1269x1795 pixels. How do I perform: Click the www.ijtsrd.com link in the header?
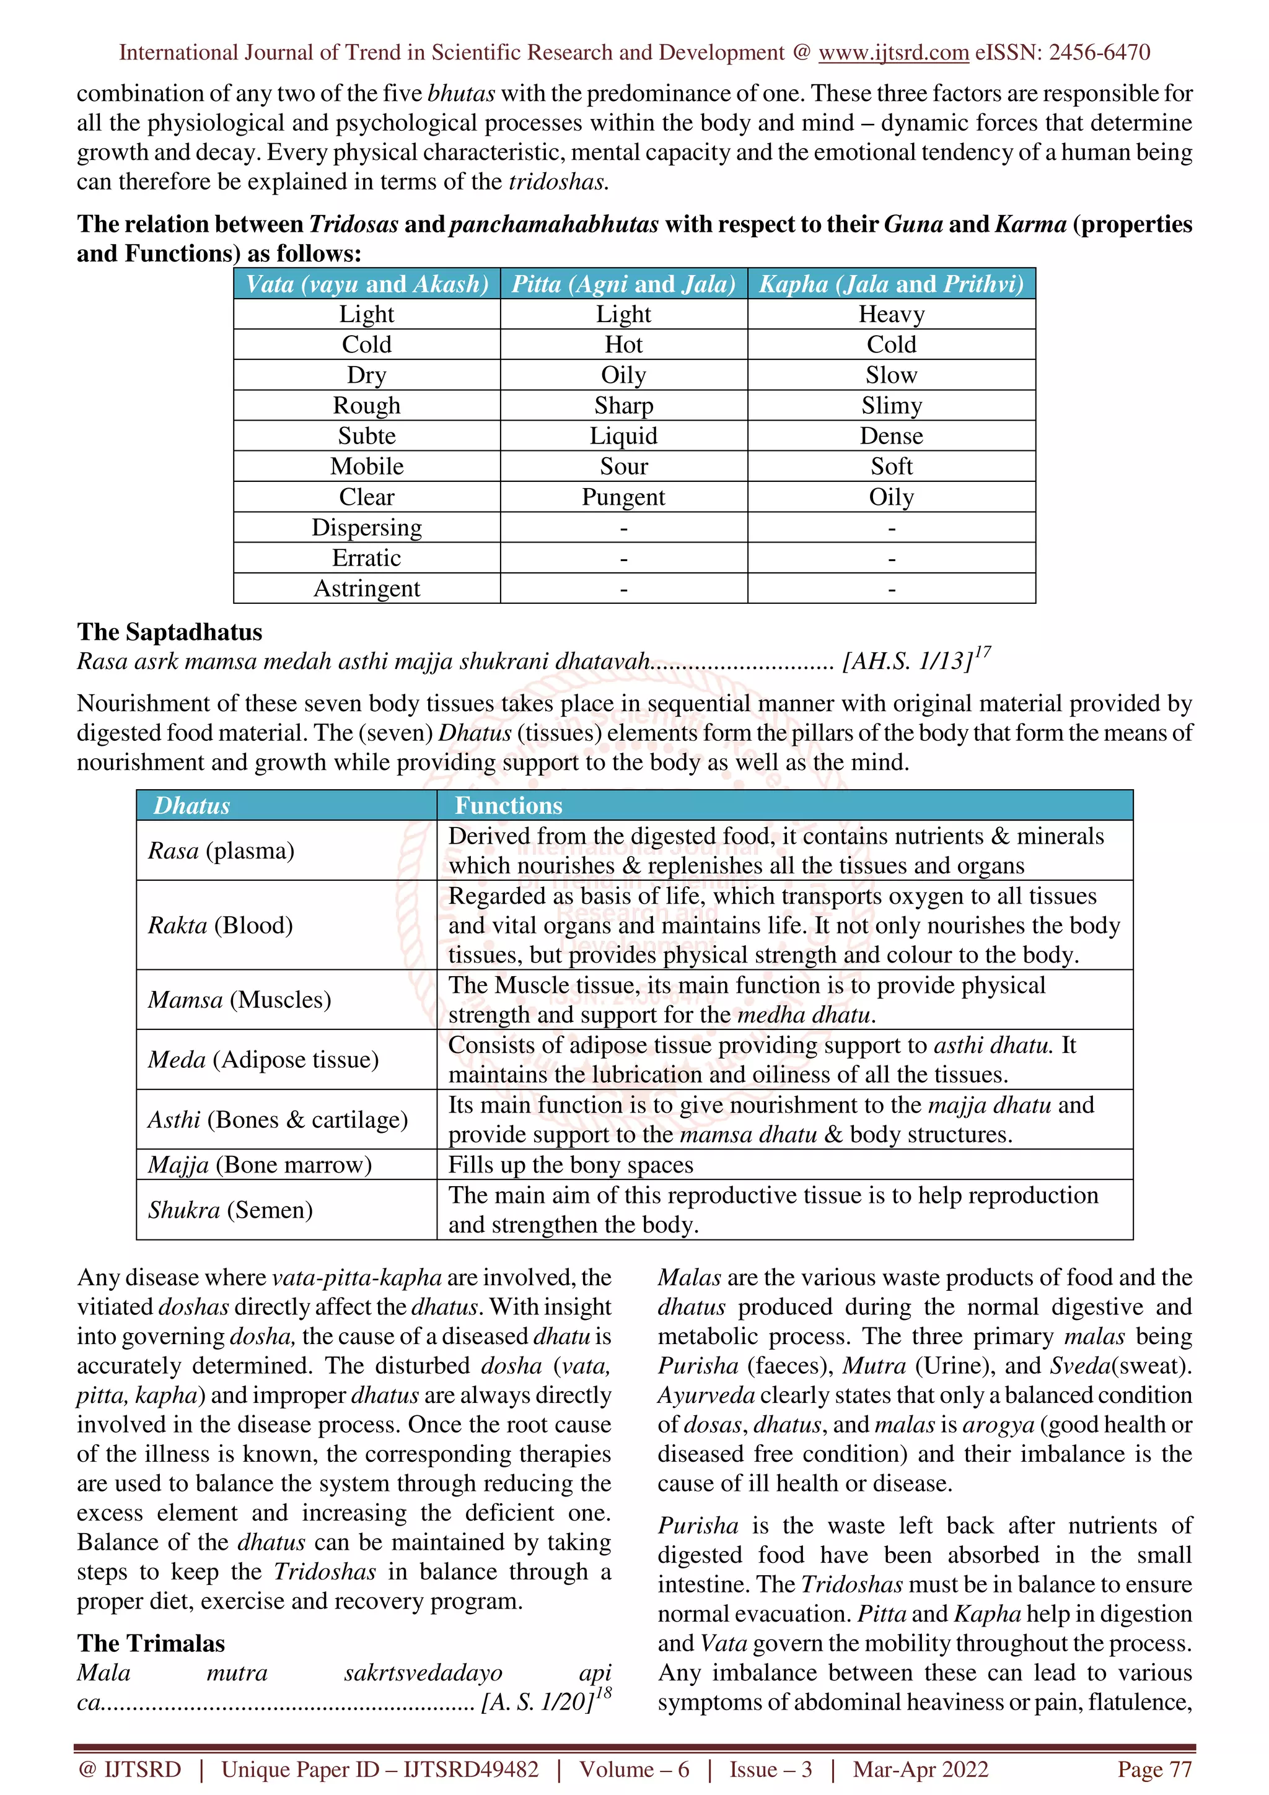(x=893, y=53)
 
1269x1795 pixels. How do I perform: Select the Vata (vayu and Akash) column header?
(x=367, y=284)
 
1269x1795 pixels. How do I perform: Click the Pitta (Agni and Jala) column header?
(x=623, y=284)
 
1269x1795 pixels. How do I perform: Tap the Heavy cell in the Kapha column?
(x=892, y=314)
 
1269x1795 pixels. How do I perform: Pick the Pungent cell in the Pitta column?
(x=623, y=497)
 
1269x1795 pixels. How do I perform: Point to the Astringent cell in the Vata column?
(x=367, y=588)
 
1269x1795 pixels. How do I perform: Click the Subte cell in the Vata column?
(x=367, y=436)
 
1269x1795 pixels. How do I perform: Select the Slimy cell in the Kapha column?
(x=892, y=406)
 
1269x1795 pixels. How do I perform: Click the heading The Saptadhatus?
(x=170, y=632)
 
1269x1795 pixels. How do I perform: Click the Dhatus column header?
(x=191, y=806)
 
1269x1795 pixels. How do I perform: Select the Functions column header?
(x=508, y=806)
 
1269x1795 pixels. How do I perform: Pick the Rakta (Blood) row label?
(x=221, y=925)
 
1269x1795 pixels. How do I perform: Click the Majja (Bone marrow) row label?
(x=260, y=1165)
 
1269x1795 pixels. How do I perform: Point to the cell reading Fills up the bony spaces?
(x=570, y=1165)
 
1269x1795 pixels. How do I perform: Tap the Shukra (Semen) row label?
(x=230, y=1210)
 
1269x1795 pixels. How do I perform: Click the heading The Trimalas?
(x=151, y=1643)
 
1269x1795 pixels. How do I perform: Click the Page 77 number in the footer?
(x=1154, y=1769)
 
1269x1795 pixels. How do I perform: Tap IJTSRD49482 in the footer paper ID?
(x=471, y=1769)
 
